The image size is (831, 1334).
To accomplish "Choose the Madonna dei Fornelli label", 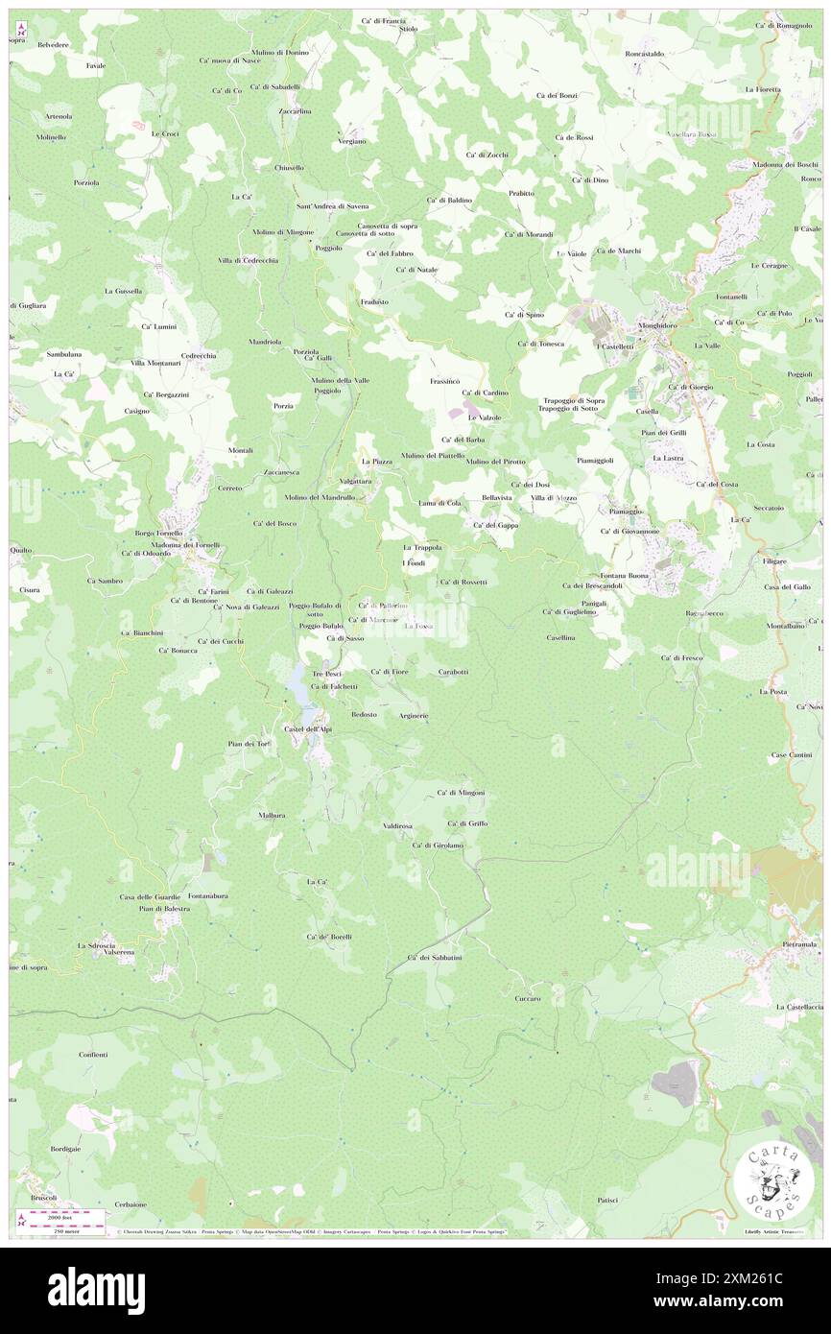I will tap(185, 544).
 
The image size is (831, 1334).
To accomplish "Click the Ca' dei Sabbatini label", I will tap(435, 958).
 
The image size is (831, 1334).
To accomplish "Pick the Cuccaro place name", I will tap(527, 998).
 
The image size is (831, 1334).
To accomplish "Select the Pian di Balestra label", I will tap(164, 908).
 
